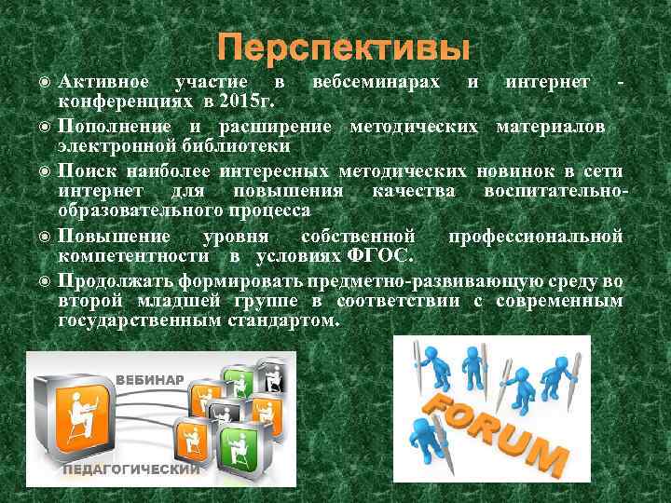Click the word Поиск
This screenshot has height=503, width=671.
pyautogui.click(x=86, y=170)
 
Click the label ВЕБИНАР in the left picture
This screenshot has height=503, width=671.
pyautogui.click(x=150, y=379)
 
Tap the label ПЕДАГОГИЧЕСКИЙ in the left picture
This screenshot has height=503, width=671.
pyautogui.click(x=130, y=469)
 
